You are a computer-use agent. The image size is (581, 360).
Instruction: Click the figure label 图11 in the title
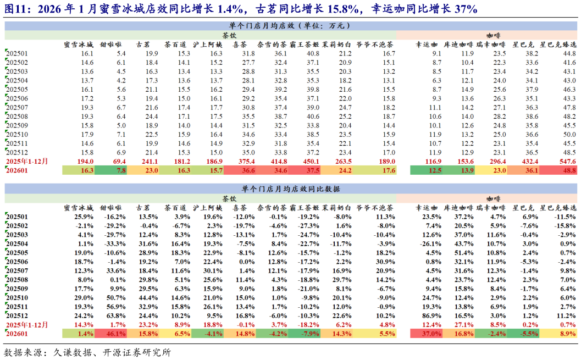tap(17, 9)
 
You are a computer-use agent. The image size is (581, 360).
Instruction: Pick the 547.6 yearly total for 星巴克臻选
tap(566, 162)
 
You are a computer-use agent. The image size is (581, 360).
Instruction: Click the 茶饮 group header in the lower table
tap(230, 198)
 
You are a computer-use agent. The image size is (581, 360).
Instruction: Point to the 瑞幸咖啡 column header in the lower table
tap(491, 208)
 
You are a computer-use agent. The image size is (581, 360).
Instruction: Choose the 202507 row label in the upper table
tap(16, 108)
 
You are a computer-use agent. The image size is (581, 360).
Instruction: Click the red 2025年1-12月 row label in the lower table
tap(26, 325)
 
